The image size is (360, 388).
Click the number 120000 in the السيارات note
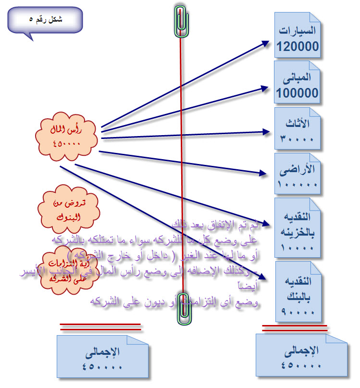298,47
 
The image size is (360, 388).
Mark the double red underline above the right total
295,328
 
